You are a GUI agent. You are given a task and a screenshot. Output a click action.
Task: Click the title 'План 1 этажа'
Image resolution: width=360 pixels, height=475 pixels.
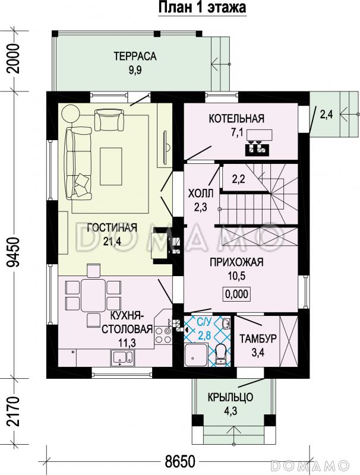click(202, 7)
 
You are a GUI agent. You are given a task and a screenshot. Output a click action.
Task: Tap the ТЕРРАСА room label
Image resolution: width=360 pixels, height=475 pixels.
click(135, 56)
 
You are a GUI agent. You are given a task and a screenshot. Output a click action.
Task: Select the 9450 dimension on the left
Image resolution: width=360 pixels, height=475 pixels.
click(14, 252)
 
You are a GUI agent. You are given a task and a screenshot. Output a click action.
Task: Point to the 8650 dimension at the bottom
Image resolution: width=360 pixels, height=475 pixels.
click(180, 462)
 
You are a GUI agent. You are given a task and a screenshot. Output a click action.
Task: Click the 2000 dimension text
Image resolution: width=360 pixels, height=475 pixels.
click(14, 59)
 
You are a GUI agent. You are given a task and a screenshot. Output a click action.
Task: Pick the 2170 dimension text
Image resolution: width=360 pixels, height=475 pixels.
click(14, 411)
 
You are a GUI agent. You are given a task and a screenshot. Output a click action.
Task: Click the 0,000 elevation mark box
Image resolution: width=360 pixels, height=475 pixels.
click(237, 294)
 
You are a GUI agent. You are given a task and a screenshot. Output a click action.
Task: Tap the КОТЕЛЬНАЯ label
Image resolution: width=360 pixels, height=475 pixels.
click(236, 118)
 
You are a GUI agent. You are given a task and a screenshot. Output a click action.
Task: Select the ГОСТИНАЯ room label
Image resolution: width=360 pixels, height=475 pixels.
click(112, 227)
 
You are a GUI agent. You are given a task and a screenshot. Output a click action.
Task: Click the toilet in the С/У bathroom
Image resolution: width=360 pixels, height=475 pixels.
click(220, 355)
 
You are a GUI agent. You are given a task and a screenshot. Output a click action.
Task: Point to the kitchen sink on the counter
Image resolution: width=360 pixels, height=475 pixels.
click(122, 357)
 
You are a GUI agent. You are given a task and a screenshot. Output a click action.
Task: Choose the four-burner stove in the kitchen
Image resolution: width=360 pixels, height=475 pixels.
click(163, 335)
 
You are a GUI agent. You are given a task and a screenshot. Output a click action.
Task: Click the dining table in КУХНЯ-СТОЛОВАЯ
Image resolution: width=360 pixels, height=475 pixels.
click(93, 295)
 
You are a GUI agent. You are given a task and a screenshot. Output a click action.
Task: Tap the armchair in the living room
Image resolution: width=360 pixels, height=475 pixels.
click(109, 120)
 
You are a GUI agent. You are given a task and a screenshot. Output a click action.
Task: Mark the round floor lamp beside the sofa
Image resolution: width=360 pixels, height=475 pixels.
click(71, 114)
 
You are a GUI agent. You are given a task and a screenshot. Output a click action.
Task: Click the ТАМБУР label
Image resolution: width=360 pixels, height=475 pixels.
click(258, 338)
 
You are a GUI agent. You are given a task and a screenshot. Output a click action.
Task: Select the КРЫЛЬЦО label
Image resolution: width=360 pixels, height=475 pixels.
click(230, 397)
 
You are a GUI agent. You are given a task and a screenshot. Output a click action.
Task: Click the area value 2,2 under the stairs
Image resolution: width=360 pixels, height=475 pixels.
click(238, 179)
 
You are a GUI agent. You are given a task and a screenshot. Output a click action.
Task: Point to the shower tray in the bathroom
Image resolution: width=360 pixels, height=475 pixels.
click(196, 355)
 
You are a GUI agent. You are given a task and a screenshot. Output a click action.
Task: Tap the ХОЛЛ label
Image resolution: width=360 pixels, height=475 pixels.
click(201, 194)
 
